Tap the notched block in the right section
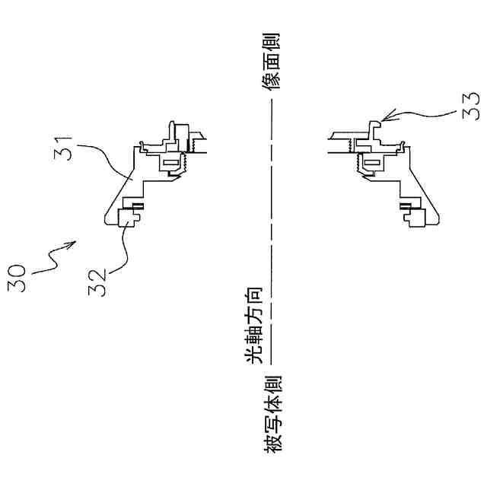coord(415,218)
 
